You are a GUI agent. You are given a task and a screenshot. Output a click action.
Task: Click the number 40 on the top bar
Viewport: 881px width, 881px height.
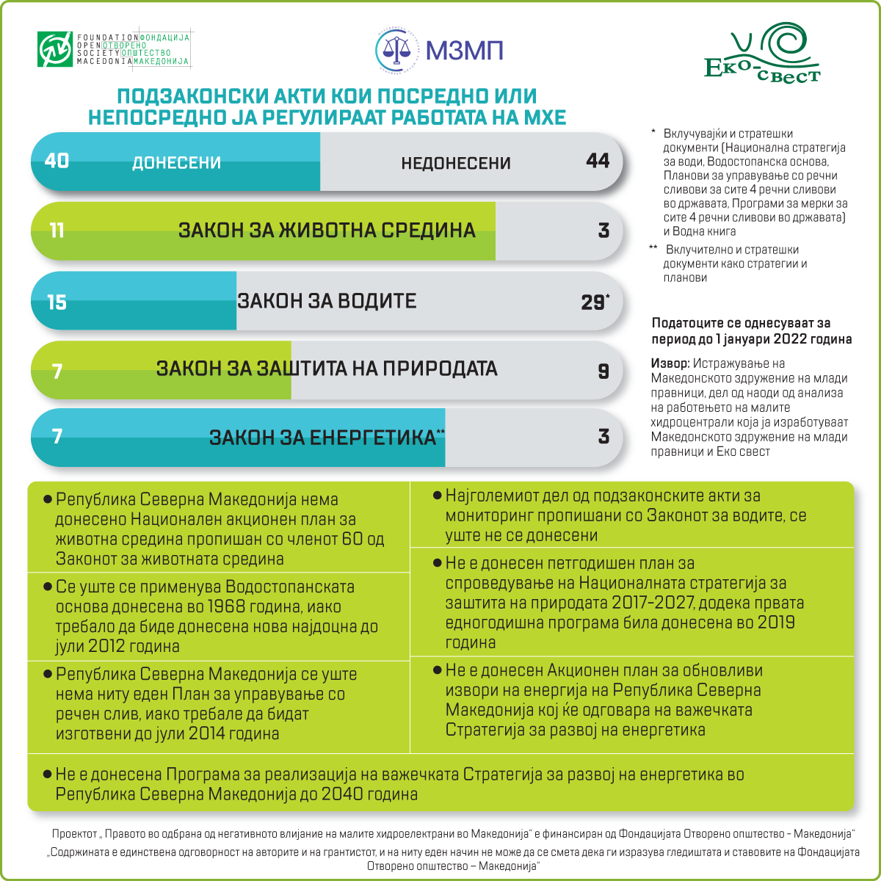click(x=57, y=160)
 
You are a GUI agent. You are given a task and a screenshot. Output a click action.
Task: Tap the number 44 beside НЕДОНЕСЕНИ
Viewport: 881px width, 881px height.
click(x=598, y=160)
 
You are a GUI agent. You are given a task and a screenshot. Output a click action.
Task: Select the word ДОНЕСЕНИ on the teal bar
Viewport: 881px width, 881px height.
click(x=176, y=163)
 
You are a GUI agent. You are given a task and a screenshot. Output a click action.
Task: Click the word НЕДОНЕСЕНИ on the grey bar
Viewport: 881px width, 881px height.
click(x=455, y=163)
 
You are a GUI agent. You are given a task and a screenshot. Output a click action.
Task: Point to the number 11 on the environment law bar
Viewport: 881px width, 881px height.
click(x=57, y=231)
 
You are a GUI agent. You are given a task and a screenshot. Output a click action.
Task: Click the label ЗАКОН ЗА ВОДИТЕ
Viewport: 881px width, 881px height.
click(x=327, y=301)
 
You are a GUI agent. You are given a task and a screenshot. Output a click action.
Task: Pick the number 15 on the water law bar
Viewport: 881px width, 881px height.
click(x=57, y=302)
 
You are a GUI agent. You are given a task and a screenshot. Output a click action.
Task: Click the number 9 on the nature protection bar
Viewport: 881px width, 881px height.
click(x=603, y=371)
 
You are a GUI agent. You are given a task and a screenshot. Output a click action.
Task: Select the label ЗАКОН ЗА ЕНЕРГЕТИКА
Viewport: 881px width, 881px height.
click(x=323, y=438)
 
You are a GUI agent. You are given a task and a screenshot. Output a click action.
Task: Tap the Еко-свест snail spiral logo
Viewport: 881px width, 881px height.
click(x=786, y=44)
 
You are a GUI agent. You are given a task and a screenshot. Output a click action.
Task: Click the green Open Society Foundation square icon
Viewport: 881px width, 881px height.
click(x=56, y=49)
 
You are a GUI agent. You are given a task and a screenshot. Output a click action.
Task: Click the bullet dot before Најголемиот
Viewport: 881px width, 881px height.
click(x=437, y=496)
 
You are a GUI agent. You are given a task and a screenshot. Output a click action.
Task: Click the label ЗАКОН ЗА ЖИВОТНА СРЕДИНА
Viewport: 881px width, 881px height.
click(x=327, y=231)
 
